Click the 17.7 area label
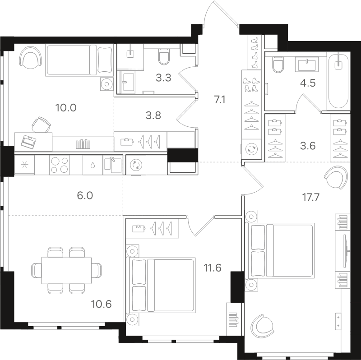pos(310,197)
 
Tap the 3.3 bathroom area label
pos(163,78)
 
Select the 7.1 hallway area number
pos(220,100)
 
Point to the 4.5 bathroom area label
pos(308,83)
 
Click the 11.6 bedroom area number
pos(212,268)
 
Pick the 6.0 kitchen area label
pos(85,196)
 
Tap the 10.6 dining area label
pos(101,304)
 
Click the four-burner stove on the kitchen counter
pos(60,165)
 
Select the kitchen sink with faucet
pos(112,165)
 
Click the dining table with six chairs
pos(66,271)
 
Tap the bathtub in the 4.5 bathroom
pos(338,81)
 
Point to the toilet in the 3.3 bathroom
pos(164,56)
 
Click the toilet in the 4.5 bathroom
pos(278,64)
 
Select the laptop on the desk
pos(28,142)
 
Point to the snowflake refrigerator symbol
pos(24,165)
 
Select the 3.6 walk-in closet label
pos(308,146)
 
